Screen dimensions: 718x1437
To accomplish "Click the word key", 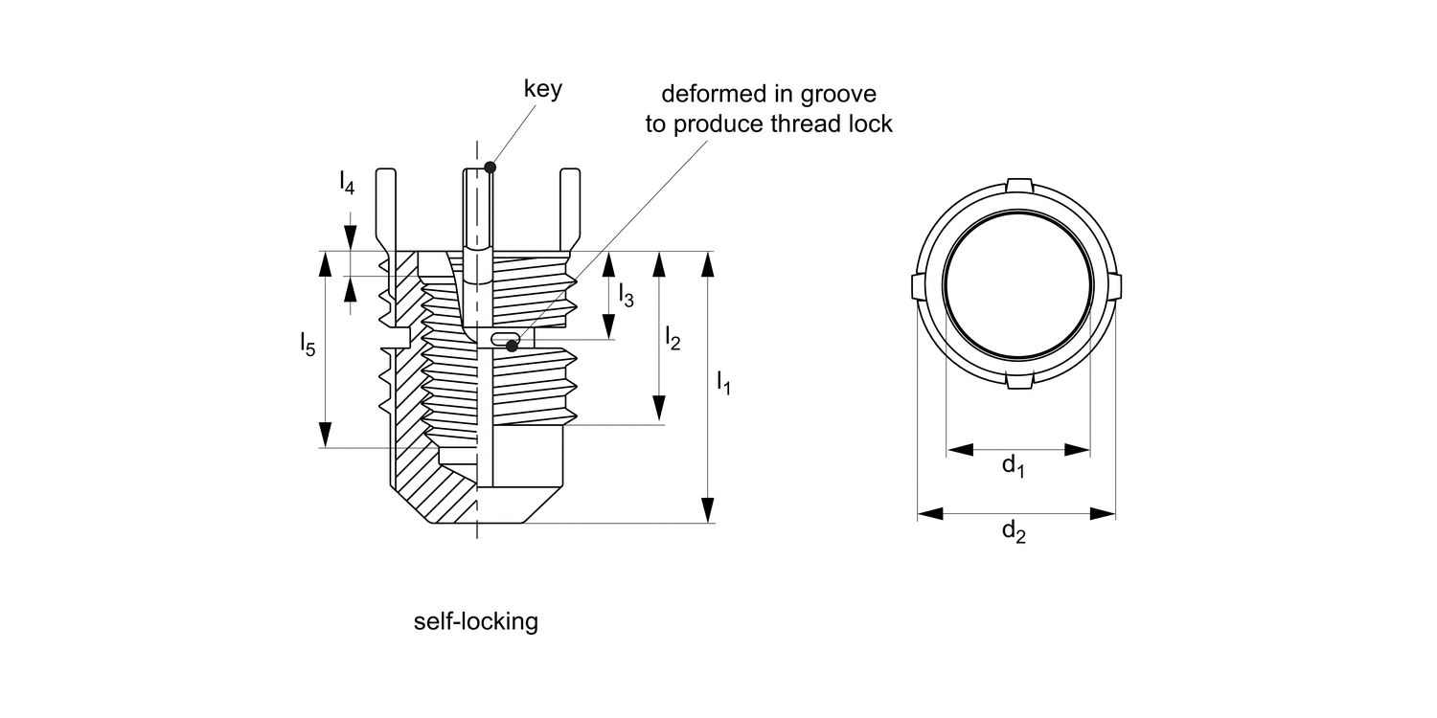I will coord(542,90).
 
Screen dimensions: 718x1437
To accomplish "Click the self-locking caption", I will coord(476,622).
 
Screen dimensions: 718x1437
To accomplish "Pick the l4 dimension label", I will coord(347,182).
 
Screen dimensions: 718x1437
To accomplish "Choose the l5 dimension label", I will coord(308,344).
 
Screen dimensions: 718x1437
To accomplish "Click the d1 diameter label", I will coord(1014,466).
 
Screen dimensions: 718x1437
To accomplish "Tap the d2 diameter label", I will coord(1014,531).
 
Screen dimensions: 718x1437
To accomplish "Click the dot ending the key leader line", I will coord(490,167).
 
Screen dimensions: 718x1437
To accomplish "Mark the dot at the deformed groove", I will coord(512,346).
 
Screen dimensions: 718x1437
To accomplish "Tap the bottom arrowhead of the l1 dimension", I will coord(708,510).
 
